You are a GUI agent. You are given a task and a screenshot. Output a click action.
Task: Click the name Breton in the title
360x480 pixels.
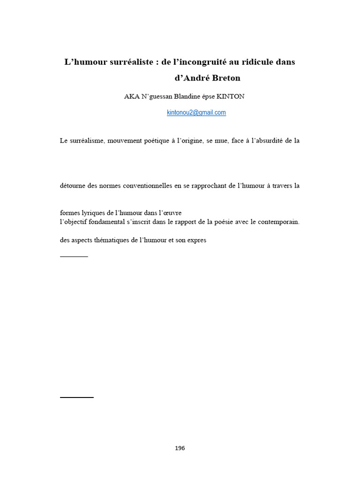223,78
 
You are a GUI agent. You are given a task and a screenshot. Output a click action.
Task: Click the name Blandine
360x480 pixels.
189,97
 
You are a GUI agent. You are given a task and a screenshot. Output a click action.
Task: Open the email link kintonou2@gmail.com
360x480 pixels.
196,112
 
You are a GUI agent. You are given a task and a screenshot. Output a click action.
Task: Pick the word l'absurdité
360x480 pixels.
272,141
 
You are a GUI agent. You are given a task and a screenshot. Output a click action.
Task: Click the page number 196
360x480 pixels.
180,448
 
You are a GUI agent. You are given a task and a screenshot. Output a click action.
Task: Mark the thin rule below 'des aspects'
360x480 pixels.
74,256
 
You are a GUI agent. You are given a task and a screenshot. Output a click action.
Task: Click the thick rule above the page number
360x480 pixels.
77,397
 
